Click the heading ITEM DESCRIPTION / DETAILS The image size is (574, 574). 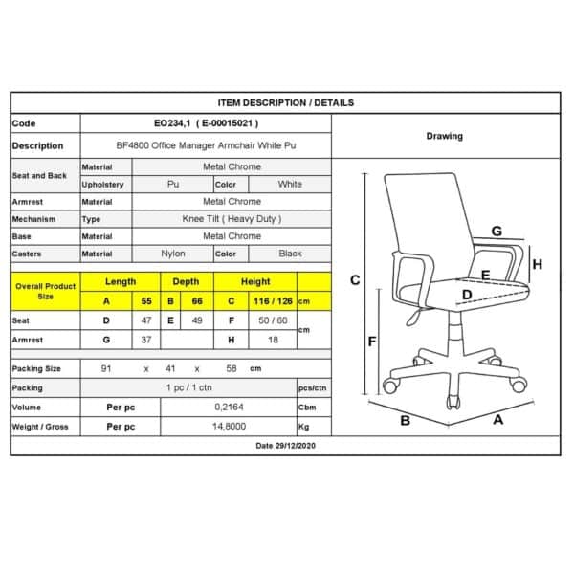pyautogui.click(x=285, y=102)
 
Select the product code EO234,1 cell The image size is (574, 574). pyautogui.click(x=206, y=123)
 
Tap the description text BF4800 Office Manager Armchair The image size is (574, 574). pyautogui.click(x=206, y=145)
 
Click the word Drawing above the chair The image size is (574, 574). pyautogui.click(x=444, y=136)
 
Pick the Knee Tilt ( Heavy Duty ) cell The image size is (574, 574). pyautogui.click(x=232, y=219)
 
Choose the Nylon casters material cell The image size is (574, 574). pyautogui.click(x=173, y=254)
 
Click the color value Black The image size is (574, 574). pyautogui.click(x=290, y=254)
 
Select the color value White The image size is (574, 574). pyautogui.click(x=290, y=184)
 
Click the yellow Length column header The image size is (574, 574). pyautogui.click(x=120, y=281)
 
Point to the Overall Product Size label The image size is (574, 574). pyautogui.click(x=44, y=291)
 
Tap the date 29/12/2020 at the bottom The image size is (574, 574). pyautogui.click(x=285, y=446)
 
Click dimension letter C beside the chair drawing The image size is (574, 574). pyautogui.click(x=355, y=279)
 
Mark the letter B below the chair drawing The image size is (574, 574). pyautogui.click(x=405, y=420)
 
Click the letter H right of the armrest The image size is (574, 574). pyautogui.click(x=538, y=265)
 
